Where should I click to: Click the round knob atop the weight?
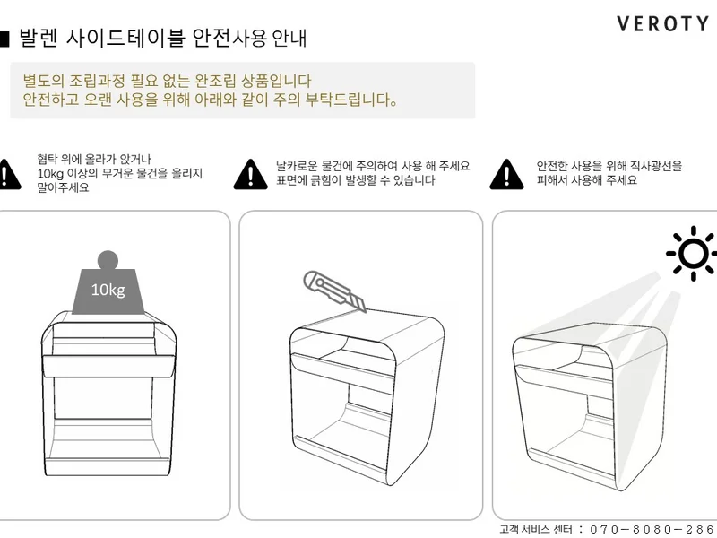(108, 261)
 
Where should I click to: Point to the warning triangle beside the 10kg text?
(8, 174)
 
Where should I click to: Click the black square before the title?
(4, 39)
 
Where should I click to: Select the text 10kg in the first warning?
(50, 173)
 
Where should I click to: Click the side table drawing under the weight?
(108, 395)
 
